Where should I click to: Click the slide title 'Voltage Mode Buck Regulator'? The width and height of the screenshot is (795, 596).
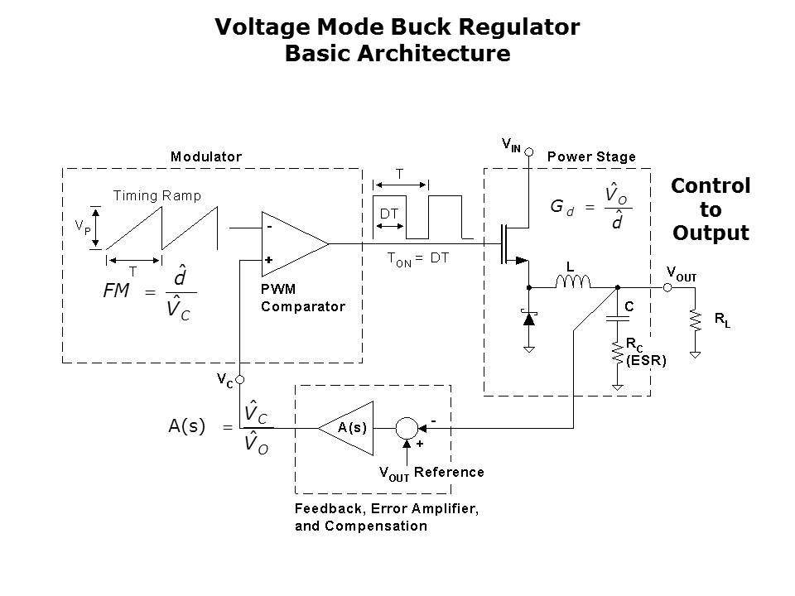click(397, 26)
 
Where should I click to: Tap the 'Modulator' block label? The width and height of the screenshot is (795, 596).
click(206, 156)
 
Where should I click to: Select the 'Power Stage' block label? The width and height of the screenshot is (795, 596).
click(591, 156)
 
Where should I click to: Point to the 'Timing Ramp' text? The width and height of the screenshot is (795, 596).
click(157, 196)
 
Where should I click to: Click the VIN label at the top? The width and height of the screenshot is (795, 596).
click(512, 146)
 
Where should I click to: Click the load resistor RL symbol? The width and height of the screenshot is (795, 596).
click(696, 321)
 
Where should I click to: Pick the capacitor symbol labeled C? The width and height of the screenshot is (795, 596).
click(616, 317)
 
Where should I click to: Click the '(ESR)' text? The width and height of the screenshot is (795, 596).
click(646, 360)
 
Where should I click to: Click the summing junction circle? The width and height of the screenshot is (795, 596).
click(406, 427)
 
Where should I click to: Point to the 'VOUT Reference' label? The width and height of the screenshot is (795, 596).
click(431, 473)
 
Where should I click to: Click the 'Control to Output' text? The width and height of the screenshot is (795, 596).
click(711, 209)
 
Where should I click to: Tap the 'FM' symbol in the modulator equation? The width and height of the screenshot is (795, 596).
click(117, 291)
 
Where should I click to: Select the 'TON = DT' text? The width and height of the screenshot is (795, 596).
click(418, 257)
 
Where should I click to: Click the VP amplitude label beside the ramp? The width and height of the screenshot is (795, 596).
click(84, 226)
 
